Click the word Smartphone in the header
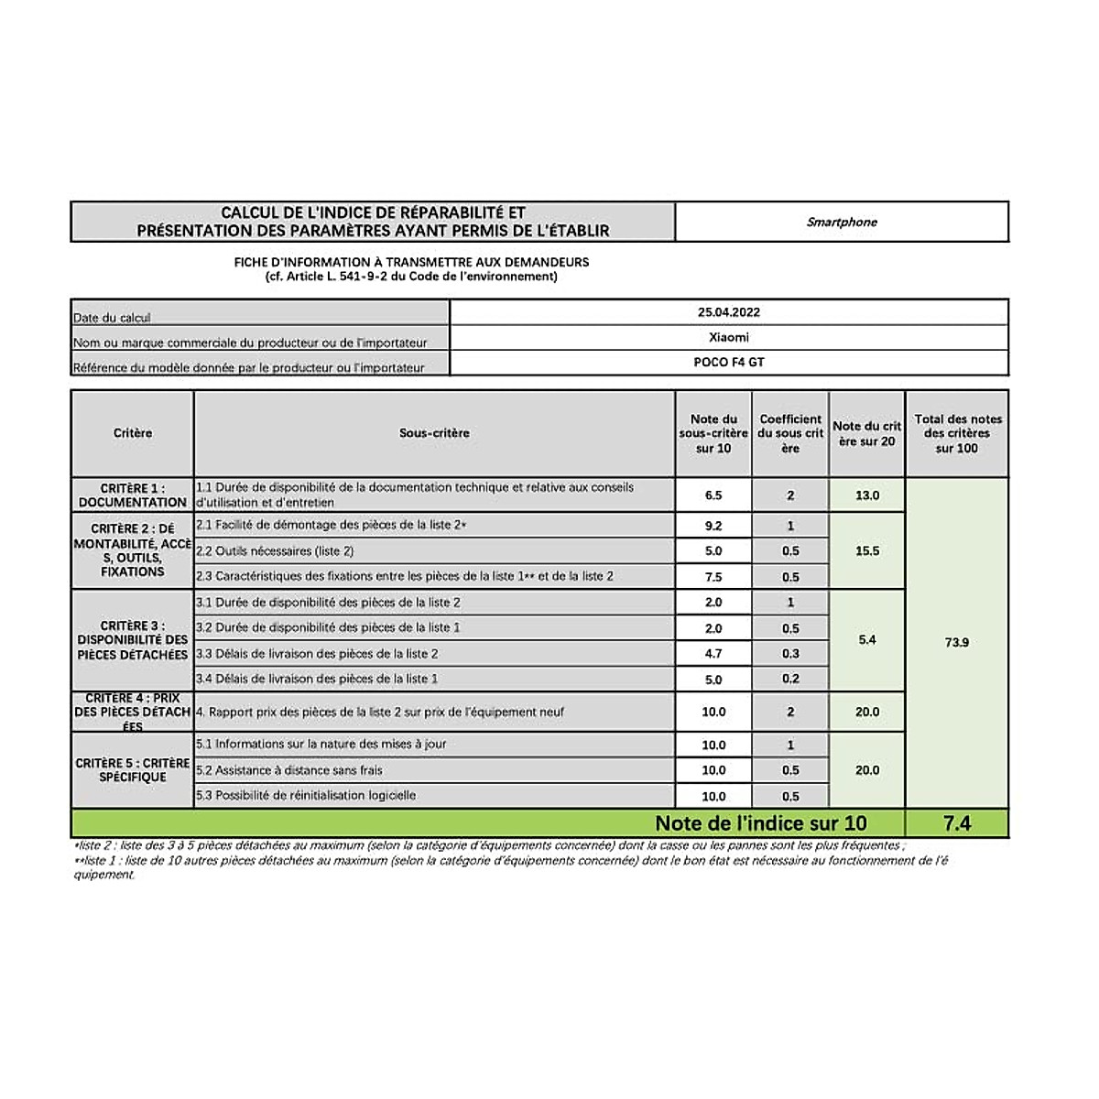point(842,222)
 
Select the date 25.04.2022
point(729,312)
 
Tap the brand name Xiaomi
point(729,337)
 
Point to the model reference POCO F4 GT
point(729,362)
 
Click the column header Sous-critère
point(434,433)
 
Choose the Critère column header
point(133,433)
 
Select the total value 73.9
point(956,642)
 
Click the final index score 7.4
point(956,823)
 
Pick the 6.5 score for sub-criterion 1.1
point(713,495)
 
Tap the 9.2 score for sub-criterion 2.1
point(713,526)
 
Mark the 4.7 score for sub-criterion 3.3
point(713,653)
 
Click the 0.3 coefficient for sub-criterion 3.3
point(790,653)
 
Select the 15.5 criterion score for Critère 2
point(867,550)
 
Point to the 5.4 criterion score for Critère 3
point(867,639)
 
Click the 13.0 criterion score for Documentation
point(867,495)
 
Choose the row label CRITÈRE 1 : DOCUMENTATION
point(133,495)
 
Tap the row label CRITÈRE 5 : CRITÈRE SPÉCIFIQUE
point(133,769)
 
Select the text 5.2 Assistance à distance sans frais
point(289,770)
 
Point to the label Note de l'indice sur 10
point(760,823)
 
